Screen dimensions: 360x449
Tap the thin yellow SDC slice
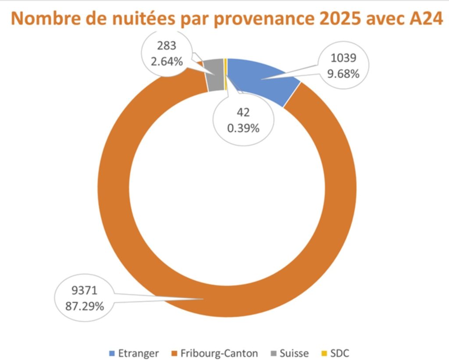click(225, 74)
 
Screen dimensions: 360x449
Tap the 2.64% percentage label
click(167, 61)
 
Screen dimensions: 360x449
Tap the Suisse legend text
click(294, 353)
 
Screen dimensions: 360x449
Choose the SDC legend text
click(340, 353)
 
